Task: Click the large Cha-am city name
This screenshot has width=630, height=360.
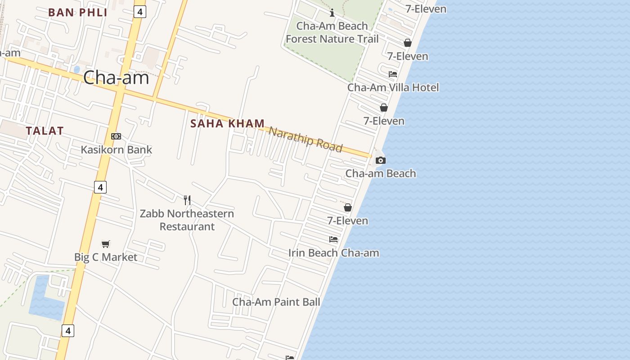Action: coord(116,78)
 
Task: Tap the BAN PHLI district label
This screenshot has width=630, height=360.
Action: coord(78,12)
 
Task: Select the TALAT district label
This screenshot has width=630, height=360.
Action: coord(45,131)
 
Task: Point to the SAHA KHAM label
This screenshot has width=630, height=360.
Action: coord(227,123)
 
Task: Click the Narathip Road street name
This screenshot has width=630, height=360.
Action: coord(306,139)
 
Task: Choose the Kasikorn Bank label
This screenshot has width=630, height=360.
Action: coord(116,149)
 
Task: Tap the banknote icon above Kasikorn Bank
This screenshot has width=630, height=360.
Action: coord(116,136)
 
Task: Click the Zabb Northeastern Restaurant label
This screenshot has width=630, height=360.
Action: coord(187,220)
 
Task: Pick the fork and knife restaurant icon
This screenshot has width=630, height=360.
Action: coord(187,200)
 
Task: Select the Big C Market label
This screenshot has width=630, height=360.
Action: coord(106,257)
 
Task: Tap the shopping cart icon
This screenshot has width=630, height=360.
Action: coord(106,244)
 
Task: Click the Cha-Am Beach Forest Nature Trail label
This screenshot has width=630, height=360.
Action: coord(332,32)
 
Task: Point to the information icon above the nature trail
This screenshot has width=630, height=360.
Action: coord(332,13)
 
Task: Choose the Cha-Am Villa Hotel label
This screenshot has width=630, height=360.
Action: coord(393,87)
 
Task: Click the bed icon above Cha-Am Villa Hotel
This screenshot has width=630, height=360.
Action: coord(393,74)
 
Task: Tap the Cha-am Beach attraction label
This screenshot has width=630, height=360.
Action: coord(381,173)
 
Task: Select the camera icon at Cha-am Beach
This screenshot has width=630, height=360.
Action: coord(381,160)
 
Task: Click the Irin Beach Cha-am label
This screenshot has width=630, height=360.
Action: coord(333,252)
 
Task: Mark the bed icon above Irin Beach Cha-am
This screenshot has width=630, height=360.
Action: coord(333,239)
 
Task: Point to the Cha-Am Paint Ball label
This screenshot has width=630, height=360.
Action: coord(276,301)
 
